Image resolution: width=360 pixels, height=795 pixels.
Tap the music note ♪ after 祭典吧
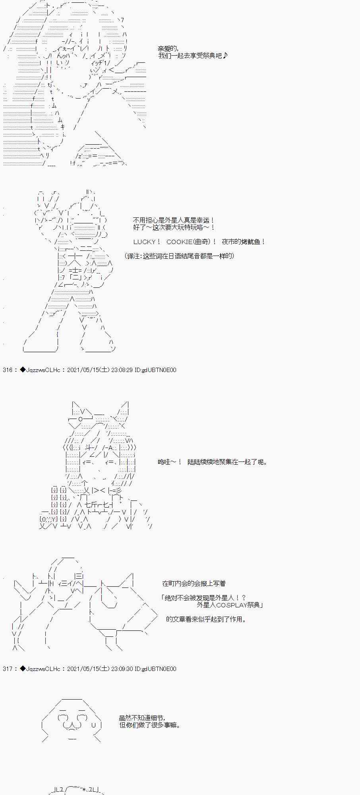tap(225, 56)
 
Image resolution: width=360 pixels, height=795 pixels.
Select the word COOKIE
tap(180, 242)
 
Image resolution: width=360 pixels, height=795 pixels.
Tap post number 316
tap(8, 370)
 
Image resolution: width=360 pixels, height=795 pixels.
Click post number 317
tap(8, 669)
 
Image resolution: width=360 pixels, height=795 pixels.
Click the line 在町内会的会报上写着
tap(194, 584)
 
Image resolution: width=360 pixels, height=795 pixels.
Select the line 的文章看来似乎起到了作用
tap(206, 619)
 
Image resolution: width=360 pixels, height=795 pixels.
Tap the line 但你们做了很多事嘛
tap(150, 725)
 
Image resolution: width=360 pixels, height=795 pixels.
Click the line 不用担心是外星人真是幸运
tap(174, 220)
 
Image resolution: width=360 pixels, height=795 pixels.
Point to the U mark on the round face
tap(93, 725)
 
